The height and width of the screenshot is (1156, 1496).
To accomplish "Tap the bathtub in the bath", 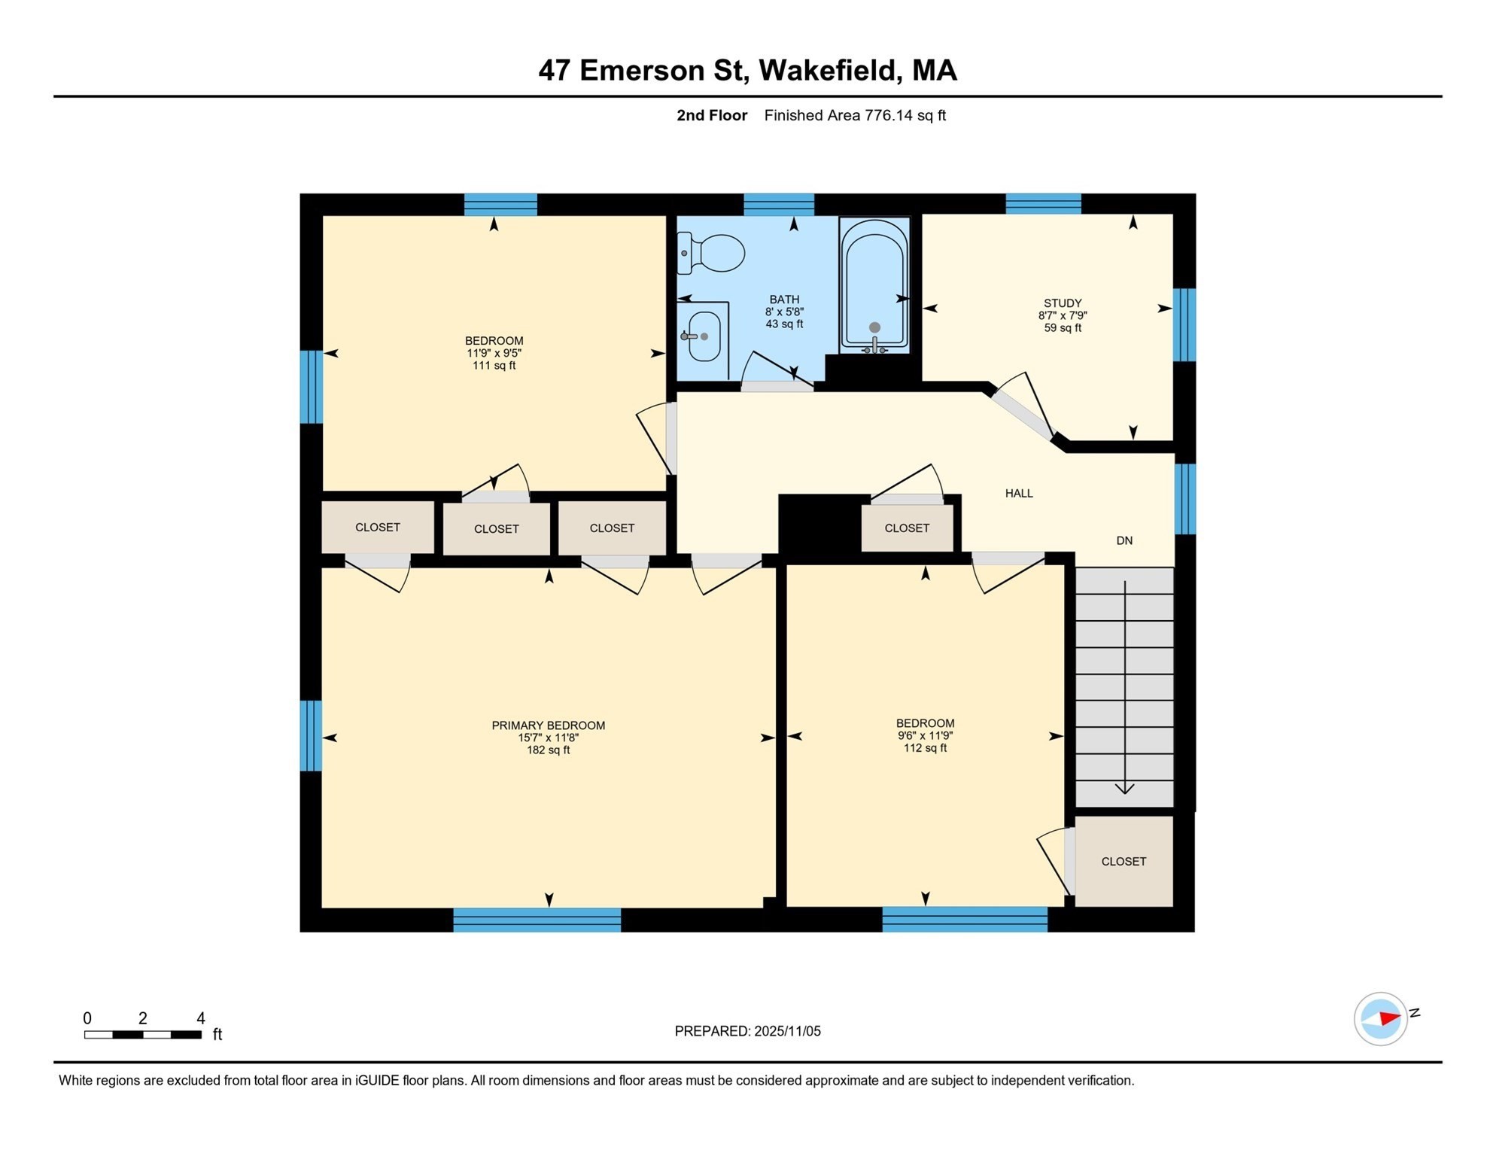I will point(874,286).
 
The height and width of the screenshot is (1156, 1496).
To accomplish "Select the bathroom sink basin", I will point(705,336).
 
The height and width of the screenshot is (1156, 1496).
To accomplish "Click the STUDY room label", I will point(1063,303).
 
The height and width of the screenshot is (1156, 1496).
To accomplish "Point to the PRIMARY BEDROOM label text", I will point(548,726).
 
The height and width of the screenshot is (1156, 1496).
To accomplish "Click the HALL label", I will point(1019,494).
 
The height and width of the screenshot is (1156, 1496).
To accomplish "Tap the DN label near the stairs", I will point(1124,540).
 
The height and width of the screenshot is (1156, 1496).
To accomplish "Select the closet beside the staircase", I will point(1124,862).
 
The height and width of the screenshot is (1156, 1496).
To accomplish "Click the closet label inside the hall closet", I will point(907,528).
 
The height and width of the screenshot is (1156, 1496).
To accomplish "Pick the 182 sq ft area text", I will point(548,750).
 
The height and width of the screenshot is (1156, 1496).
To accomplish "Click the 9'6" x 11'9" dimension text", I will point(925,736).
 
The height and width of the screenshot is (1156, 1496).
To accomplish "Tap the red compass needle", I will point(1389,1018).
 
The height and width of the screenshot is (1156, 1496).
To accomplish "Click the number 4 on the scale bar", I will point(201,1018).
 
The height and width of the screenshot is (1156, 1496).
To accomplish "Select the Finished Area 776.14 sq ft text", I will point(855,115).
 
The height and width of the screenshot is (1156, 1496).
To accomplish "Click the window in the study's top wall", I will point(1043,204).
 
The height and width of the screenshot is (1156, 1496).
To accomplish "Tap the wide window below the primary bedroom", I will point(537,920).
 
